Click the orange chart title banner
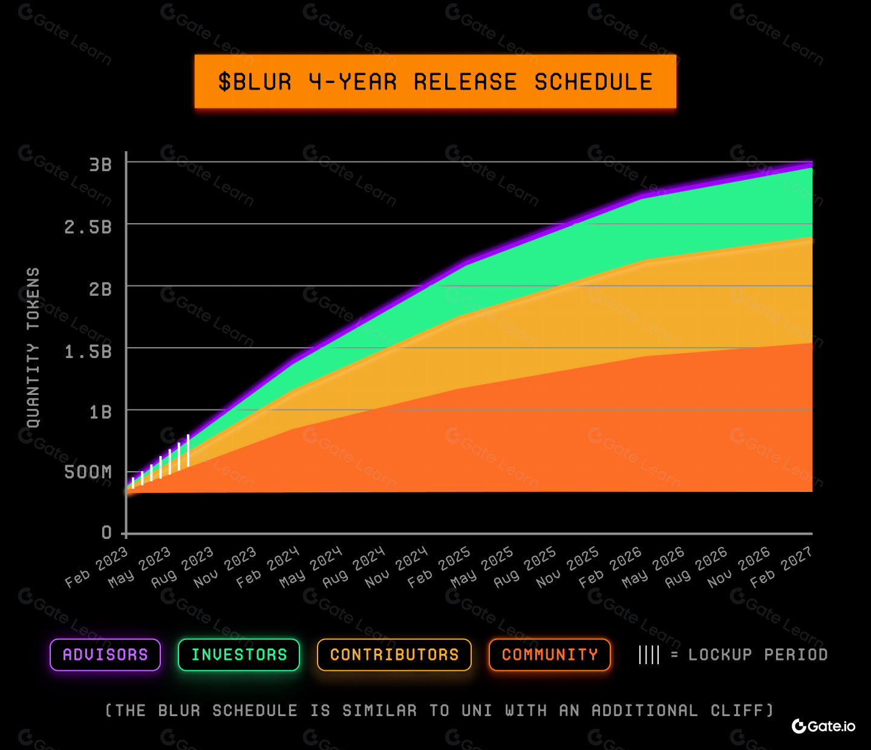tap(435, 82)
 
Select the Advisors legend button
tap(105, 654)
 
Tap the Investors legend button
tap(239, 654)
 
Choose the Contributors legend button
tap(394, 654)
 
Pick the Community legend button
tap(550, 654)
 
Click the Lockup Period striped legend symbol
tap(649, 654)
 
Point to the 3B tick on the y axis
tap(100, 165)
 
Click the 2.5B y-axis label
tap(88, 227)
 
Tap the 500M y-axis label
tap(88, 472)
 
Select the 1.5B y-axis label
tap(88, 351)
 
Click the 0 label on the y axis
tap(107, 532)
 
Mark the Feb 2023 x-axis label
tap(97, 567)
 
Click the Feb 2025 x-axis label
tap(439, 567)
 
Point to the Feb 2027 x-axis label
tap(781, 567)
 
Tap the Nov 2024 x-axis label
tap(396, 567)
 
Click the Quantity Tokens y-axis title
tap(33, 348)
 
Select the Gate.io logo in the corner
tap(824, 726)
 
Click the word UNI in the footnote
tap(477, 711)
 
